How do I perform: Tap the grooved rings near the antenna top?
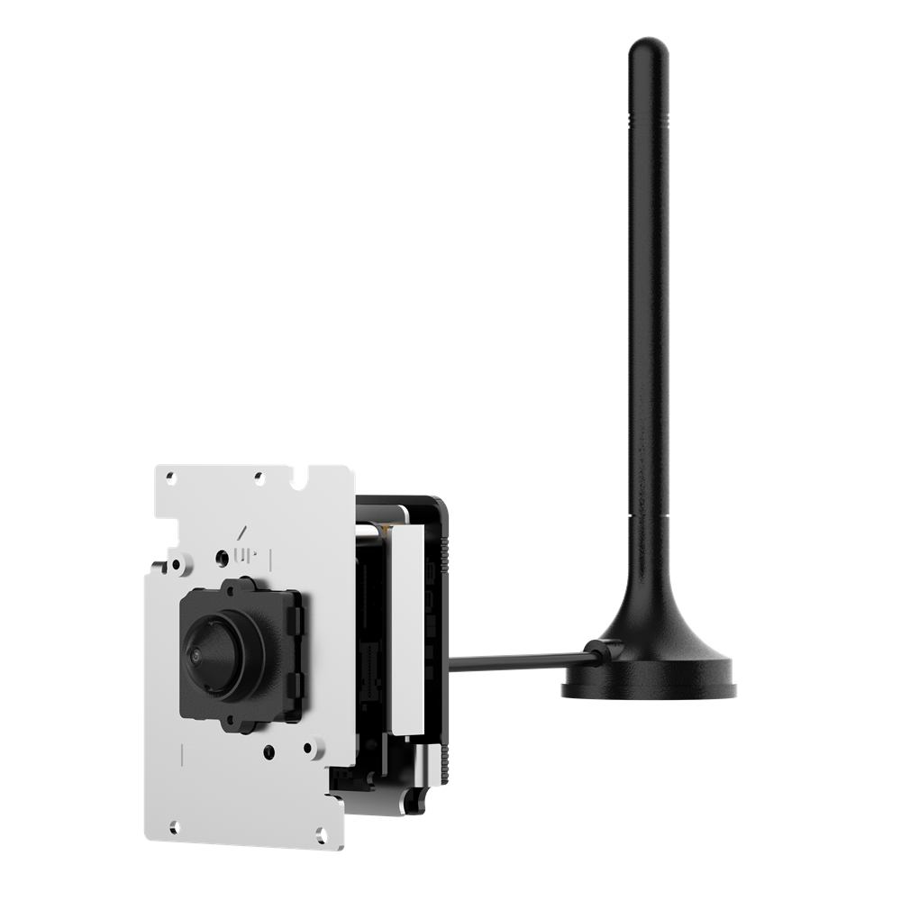pyautogui.click(x=648, y=120)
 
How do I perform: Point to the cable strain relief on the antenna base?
pyautogui.click(x=604, y=651)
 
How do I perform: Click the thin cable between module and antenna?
pyautogui.click(x=517, y=660)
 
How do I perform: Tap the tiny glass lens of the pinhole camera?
pyautogui.click(x=196, y=655)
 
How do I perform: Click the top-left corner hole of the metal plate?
pyautogui.click(x=169, y=477)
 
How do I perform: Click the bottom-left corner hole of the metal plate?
pyautogui.click(x=175, y=827)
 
